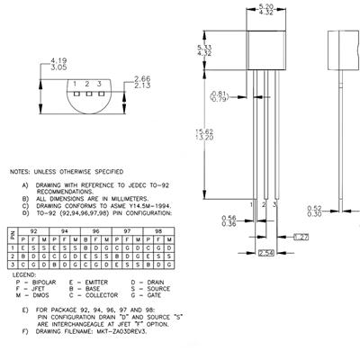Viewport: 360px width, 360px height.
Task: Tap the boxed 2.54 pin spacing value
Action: pyautogui.click(x=266, y=250)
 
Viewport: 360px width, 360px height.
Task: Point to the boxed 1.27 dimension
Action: pyautogui.click(x=302, y=237)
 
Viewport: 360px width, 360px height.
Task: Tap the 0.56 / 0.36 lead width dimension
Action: pyautogui.click(x=230, y=220)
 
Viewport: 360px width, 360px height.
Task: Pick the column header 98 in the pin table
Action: pyautogui.click(x=157, y=230)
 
